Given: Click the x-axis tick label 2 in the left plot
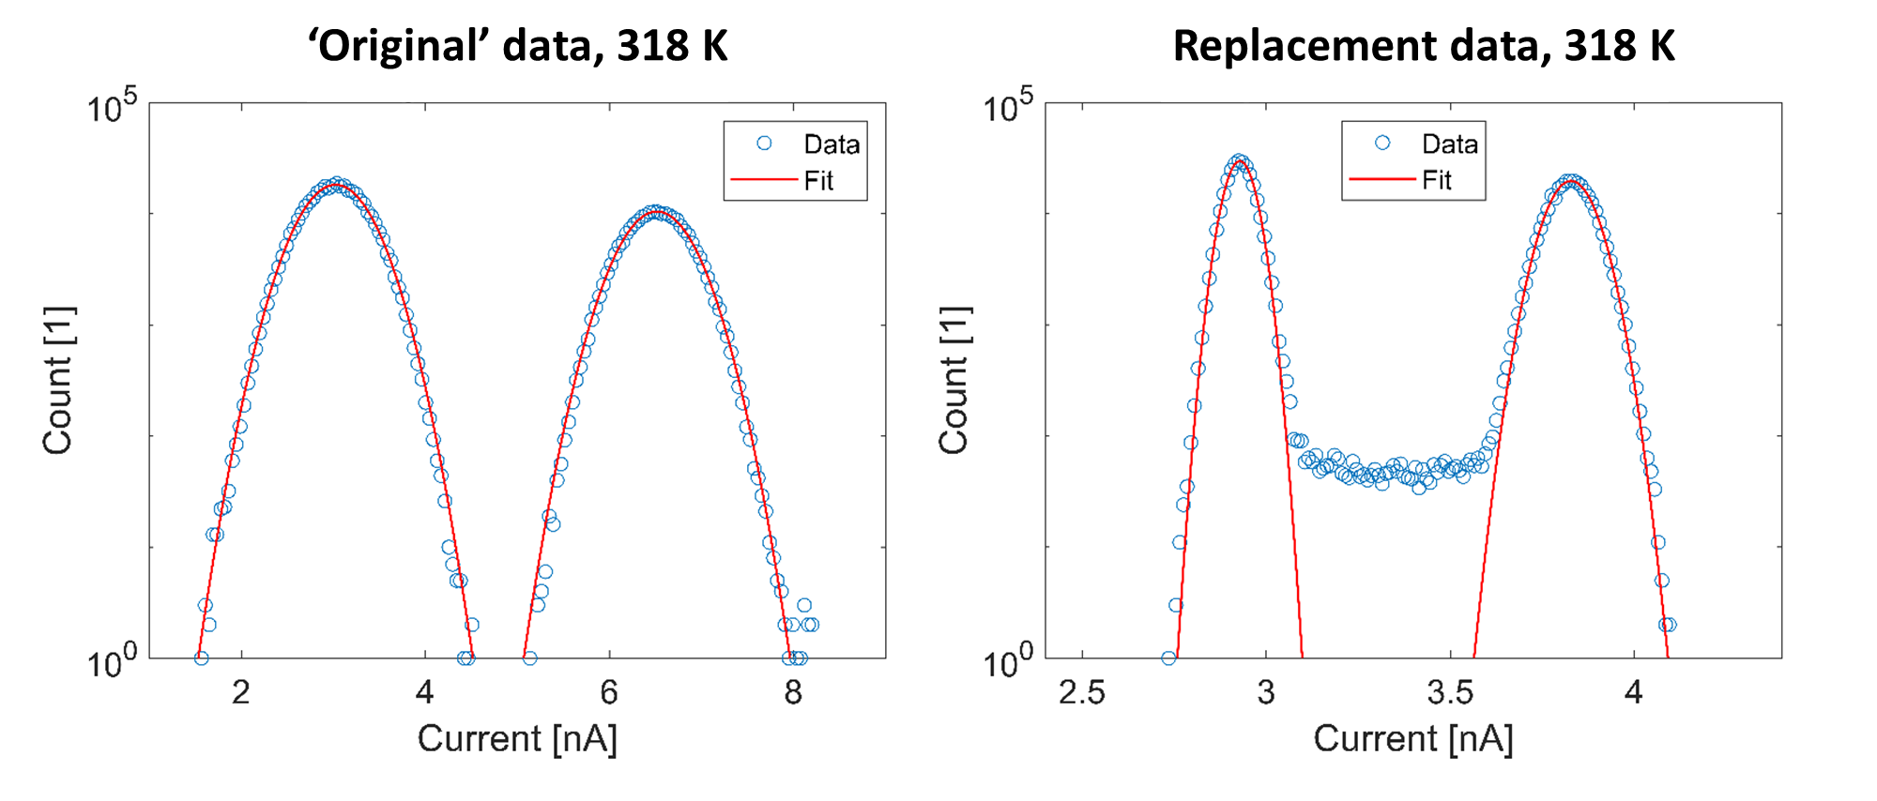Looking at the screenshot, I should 241,692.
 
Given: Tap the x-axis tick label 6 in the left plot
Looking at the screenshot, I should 609,692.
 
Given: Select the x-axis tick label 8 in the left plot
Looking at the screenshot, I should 793,692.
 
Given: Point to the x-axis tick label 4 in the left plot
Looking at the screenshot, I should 425,692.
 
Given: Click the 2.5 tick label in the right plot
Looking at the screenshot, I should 1082,692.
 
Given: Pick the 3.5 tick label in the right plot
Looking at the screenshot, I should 1450,692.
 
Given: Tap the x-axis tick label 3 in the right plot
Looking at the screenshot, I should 1266,692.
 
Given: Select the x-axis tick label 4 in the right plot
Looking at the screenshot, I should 1634,692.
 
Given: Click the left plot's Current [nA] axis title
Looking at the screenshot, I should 517,738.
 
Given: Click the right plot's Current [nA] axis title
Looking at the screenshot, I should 1413,738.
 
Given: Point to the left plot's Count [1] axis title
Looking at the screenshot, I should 58,380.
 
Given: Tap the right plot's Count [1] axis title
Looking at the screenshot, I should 954,380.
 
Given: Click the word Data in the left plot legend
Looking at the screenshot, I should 832,144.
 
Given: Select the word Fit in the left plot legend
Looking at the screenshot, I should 818,180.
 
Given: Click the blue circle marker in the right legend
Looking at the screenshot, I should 1382,143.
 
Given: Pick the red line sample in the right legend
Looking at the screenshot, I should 1381,179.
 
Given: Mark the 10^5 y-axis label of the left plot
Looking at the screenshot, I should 112,105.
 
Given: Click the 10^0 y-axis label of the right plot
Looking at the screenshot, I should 1007,661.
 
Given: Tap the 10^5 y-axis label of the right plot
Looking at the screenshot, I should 1007,105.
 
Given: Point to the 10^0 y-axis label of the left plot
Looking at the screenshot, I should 112,661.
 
